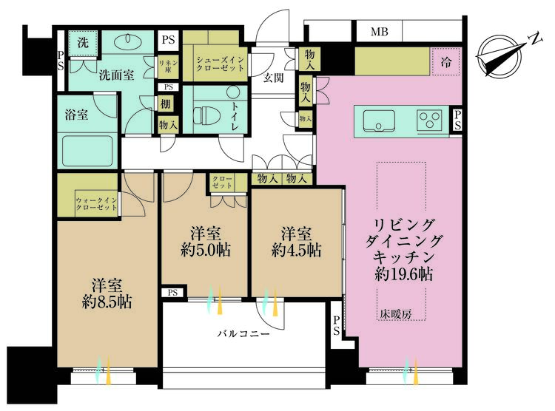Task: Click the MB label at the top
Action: pos(380,32)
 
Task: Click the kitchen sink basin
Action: pos(378,120)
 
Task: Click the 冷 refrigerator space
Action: pos(446,62)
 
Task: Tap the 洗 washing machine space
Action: pos(83,43)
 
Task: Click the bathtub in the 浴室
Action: pos(87,151)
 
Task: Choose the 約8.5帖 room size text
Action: pos(107,302)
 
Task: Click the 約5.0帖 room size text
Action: pos(205,250)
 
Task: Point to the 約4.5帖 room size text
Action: pos(296,250)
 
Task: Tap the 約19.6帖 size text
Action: pos(403,274)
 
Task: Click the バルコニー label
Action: pos(243,333)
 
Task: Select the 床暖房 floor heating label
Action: pos(396,313)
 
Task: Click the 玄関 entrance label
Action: pos(273,78)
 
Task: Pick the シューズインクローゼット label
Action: pos(221,64)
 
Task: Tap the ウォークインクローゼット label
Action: pos(96,204)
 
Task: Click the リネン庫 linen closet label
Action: pos(168,66)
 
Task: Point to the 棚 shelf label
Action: pos(165,104)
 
